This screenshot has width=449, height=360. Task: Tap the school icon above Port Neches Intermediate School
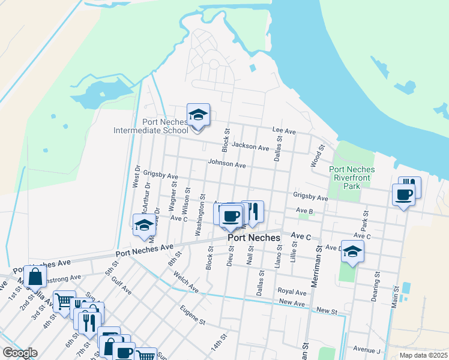198,114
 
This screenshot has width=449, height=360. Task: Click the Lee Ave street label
284,130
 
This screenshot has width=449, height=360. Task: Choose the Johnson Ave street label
227,163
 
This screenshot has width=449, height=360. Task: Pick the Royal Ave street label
292,292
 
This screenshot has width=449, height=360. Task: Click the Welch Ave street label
185,282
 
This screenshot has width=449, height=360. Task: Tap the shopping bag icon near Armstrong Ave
35,277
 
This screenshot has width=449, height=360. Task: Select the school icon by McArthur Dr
144,225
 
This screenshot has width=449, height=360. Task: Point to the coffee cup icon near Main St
403,194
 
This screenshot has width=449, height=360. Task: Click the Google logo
20,353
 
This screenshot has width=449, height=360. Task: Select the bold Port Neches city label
254,238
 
